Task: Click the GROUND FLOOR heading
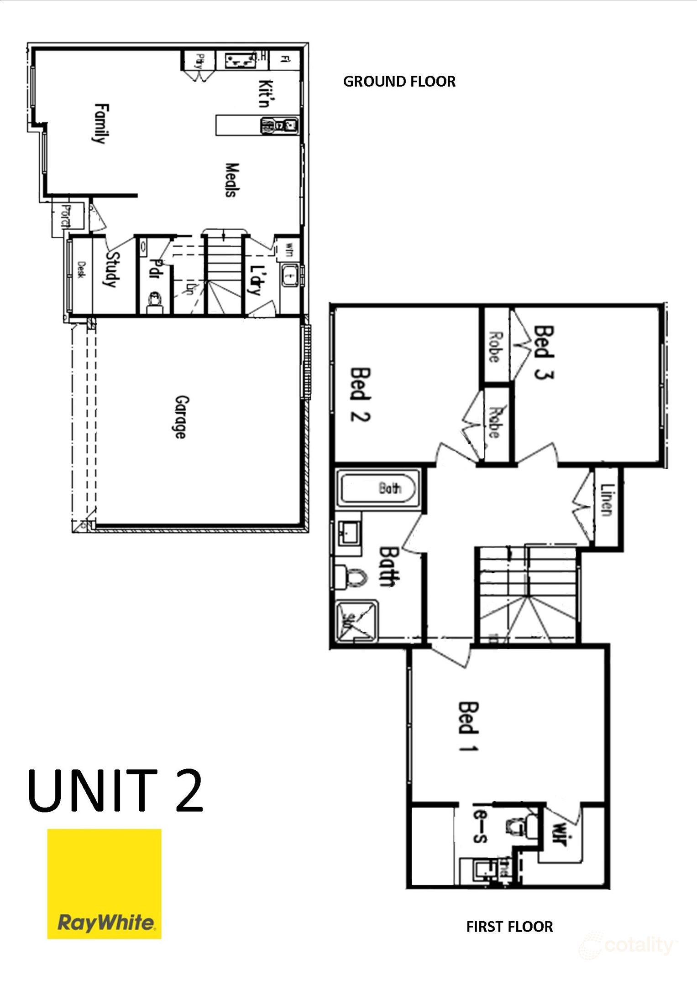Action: pos(399,82)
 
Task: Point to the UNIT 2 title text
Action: pos(115,791)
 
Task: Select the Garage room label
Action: pos(181,417)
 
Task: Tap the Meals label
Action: pos(232,180)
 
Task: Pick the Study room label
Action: pos(112,270)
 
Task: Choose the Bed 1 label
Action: pos(468,726)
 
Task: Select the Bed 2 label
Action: pos(360,394)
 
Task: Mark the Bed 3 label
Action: pos(544,352)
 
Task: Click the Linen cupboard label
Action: pos(606,500)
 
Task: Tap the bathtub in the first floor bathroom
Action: pos(377,488)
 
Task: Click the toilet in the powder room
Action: pos(155,301)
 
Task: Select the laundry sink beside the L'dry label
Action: pos(288,275)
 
